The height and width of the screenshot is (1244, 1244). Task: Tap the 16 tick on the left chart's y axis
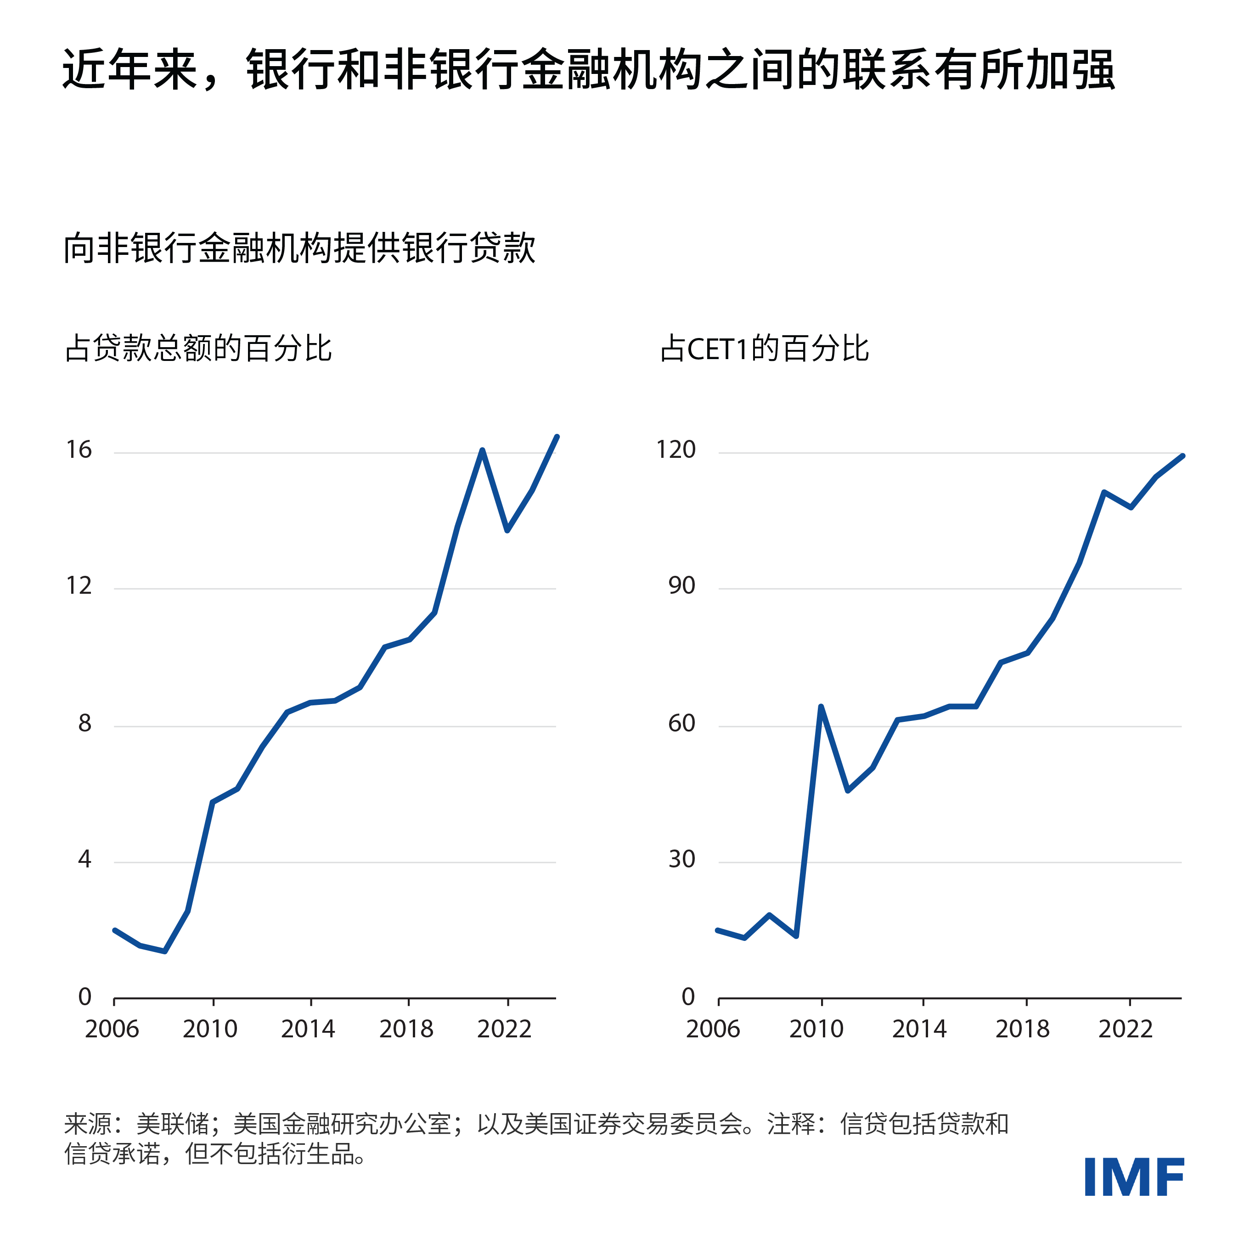point(79,450)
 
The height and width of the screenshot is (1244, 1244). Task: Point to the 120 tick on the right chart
point(675,450)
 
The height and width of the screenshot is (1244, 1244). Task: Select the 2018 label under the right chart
point(1022,1029)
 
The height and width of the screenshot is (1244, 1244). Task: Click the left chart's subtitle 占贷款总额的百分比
point(198,349)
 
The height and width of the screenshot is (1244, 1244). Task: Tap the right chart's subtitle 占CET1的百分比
point(764,349)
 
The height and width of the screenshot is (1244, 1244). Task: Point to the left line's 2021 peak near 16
point(482,450)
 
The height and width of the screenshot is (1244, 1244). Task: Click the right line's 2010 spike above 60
point(821,706)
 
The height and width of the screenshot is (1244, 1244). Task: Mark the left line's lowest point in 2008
point(165,951)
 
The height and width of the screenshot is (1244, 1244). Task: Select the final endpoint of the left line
point(557,437)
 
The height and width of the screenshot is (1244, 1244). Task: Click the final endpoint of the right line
point(1183,456)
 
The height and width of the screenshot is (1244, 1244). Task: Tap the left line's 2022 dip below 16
point(507,530)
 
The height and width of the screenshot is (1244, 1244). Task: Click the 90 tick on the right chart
point(681,586)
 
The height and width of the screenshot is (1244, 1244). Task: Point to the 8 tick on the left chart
point(84,724)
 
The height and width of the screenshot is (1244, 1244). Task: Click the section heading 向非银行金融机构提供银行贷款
point(299,248)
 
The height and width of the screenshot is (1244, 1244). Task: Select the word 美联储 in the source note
point(173,1124)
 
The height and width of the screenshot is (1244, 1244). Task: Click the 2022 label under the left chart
point(504,1029)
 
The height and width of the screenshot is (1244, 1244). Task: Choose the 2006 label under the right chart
point(713,1029)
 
